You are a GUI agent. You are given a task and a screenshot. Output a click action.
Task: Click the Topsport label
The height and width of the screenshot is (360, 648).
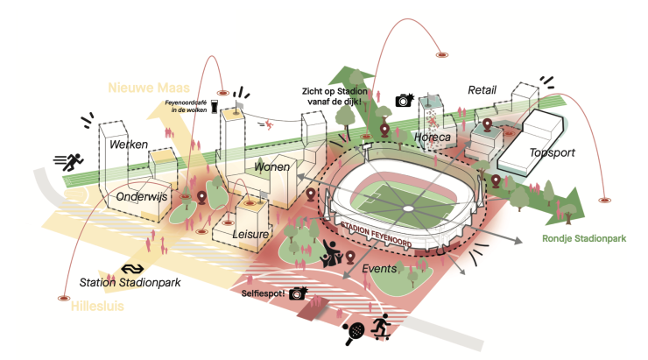553,153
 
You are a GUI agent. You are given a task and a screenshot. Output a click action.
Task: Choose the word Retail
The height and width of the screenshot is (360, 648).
482,89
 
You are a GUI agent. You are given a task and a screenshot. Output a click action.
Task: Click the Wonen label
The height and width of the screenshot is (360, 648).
272,166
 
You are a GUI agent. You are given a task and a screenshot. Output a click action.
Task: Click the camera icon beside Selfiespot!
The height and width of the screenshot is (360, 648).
299,293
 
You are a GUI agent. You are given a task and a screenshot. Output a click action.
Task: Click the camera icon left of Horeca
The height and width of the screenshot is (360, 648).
404,101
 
